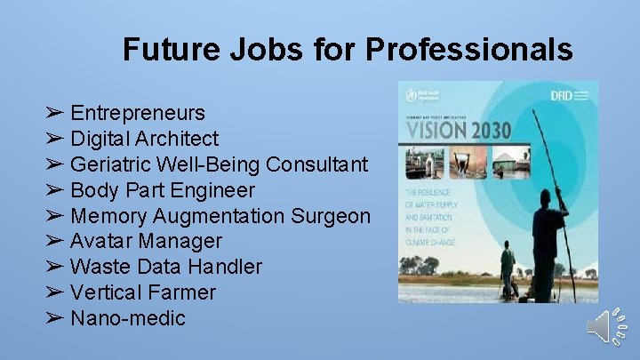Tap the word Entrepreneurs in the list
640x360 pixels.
[138, 114]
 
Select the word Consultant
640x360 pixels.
[317, 165]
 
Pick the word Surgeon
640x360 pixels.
[331, 216]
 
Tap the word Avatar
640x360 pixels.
[100, 242]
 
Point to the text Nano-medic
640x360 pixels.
[128, 318]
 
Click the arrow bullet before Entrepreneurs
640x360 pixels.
[55, 114]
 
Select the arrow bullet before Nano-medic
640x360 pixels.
[55, 318]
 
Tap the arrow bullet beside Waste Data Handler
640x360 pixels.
[55, 267]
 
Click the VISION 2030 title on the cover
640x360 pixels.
[459, 129]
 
